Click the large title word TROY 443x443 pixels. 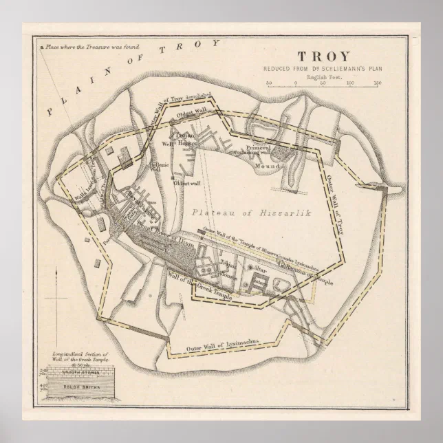point(323,56)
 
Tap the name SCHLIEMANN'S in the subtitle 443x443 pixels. point(336,69)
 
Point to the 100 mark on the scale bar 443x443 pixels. point(350,83)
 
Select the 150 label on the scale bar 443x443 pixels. point(377,83)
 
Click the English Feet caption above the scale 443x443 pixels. point(323,75)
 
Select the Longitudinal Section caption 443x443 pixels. point(76,357)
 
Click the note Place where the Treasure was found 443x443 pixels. point(89,47)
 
